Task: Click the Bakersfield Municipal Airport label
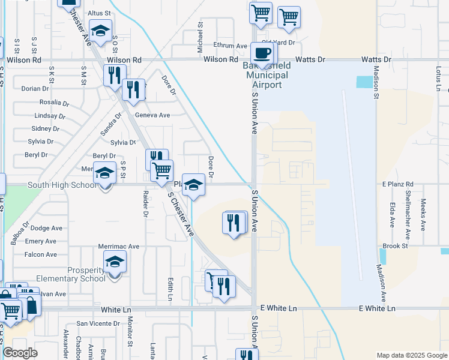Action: (x=265, y=76)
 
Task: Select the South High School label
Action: (x=62, y=185)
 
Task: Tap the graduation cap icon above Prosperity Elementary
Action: (x=115, y=262)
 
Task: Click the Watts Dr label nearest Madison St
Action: (x=376, y=59)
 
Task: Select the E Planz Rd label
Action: (x=398, y=184)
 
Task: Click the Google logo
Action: (x=20, y=353)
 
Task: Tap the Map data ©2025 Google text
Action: (x=412, y=355)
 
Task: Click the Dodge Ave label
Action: (x=46, y=228)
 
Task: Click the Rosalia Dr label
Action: (x=55, y=103)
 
